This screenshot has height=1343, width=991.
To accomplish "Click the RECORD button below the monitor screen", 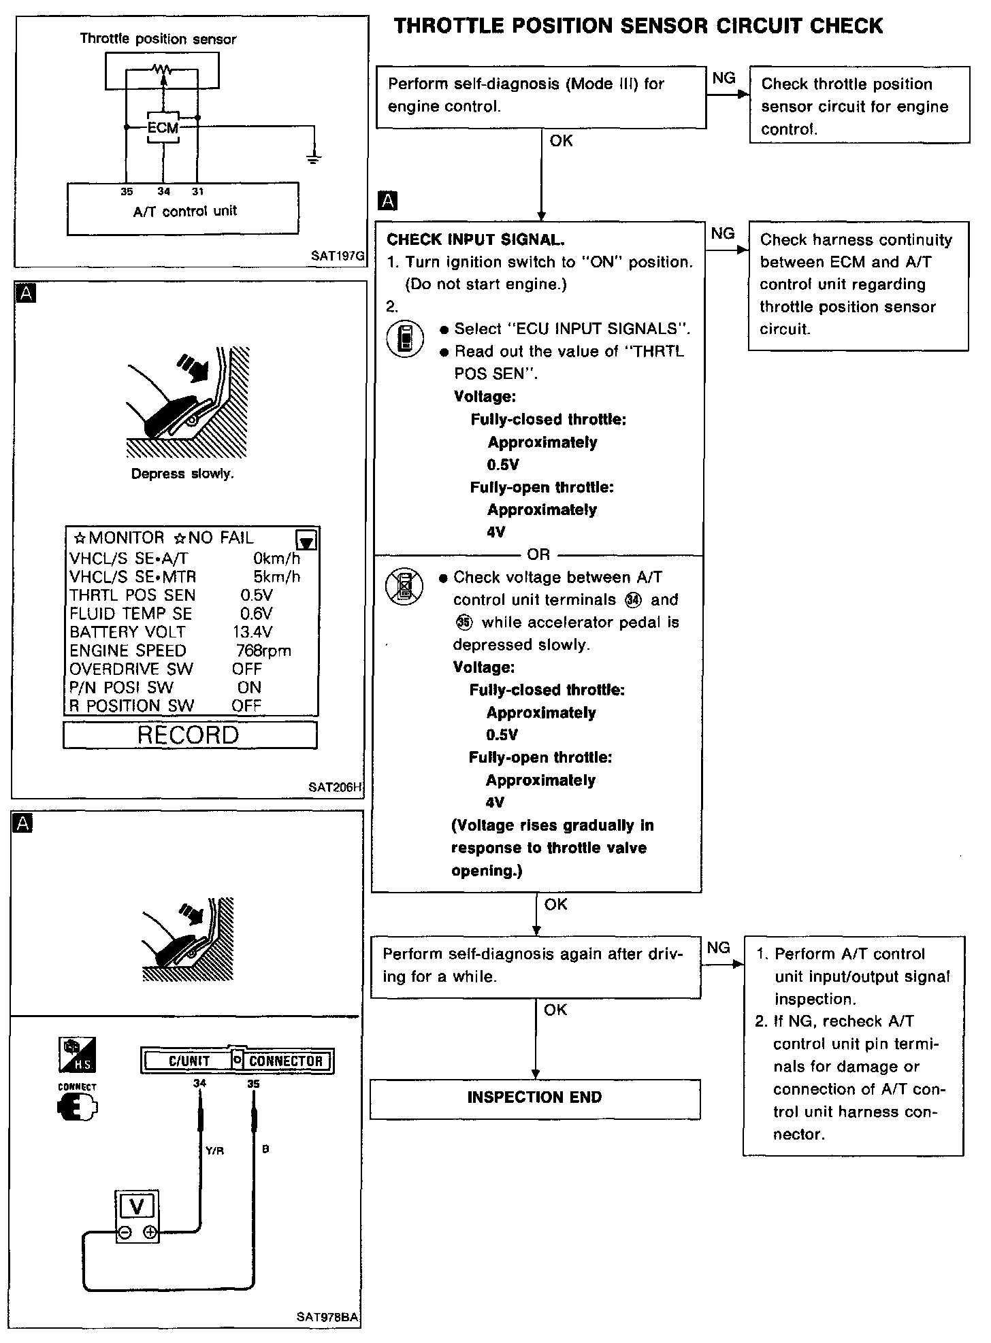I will [189, 735].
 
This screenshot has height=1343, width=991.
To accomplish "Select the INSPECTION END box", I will [534, 1097].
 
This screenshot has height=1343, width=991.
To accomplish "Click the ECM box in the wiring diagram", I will [163, 128].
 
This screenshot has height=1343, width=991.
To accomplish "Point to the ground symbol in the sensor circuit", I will [314, 159].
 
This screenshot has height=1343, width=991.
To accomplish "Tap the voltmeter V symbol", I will [137, 1207].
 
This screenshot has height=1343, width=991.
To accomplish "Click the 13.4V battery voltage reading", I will [253, 632].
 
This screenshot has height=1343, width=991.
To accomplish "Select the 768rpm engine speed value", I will [263, 651].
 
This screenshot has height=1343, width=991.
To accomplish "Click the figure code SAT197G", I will [338, 256].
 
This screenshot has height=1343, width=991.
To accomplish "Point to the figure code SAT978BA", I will [327, 1317].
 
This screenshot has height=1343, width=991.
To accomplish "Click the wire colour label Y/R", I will [214, 1151].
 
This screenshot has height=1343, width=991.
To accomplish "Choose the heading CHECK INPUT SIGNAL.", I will [476, 239].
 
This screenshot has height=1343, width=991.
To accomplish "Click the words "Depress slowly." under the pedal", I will [182, 474].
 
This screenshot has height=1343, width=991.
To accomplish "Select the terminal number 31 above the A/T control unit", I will [197, 192].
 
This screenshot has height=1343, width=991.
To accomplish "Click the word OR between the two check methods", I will [538, 554].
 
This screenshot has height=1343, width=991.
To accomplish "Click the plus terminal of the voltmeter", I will [150, 1233].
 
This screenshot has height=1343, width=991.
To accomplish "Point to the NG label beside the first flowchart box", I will [724, 78].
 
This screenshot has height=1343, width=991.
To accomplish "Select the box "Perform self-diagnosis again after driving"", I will [535, 965].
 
